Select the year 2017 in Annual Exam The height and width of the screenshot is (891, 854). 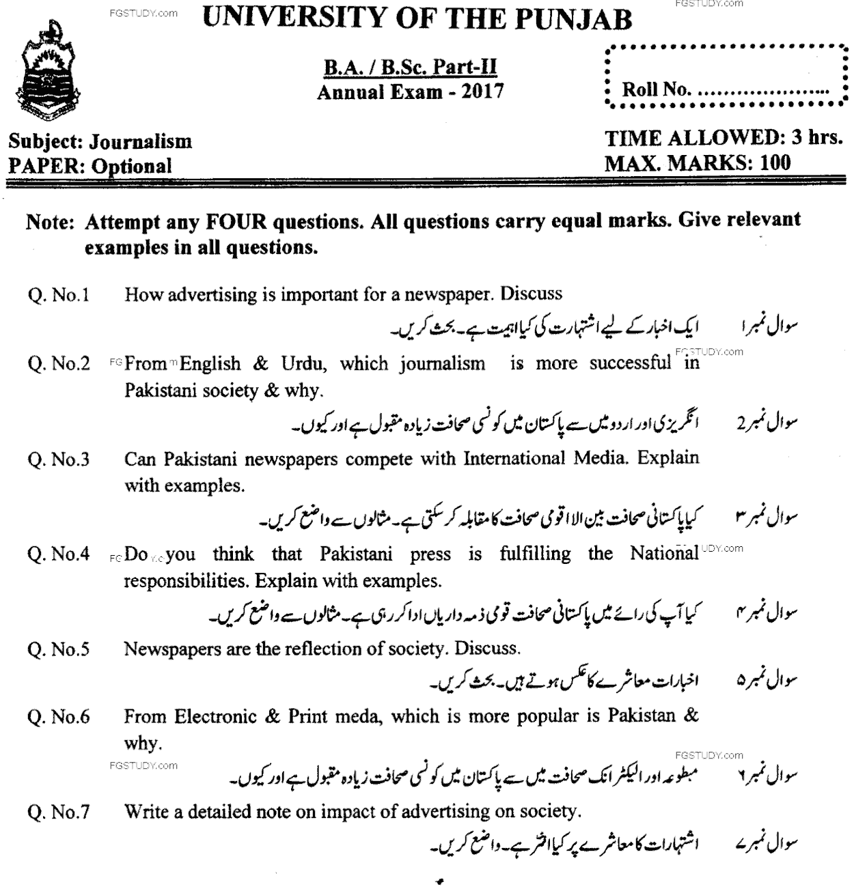482,91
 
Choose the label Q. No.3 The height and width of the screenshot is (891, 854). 59,459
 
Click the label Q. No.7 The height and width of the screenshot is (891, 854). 59,812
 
